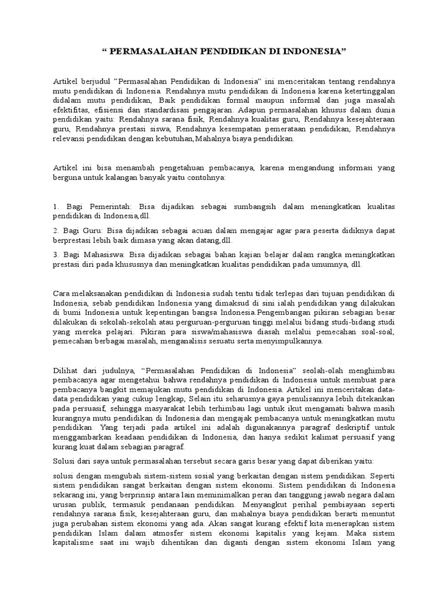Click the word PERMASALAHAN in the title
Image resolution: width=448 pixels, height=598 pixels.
coord(148,51)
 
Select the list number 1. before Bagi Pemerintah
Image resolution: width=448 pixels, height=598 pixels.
coord(56,207)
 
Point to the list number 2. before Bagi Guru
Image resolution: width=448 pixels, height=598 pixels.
coord(56,231)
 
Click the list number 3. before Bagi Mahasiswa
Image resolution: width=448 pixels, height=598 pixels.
coord(56,255)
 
